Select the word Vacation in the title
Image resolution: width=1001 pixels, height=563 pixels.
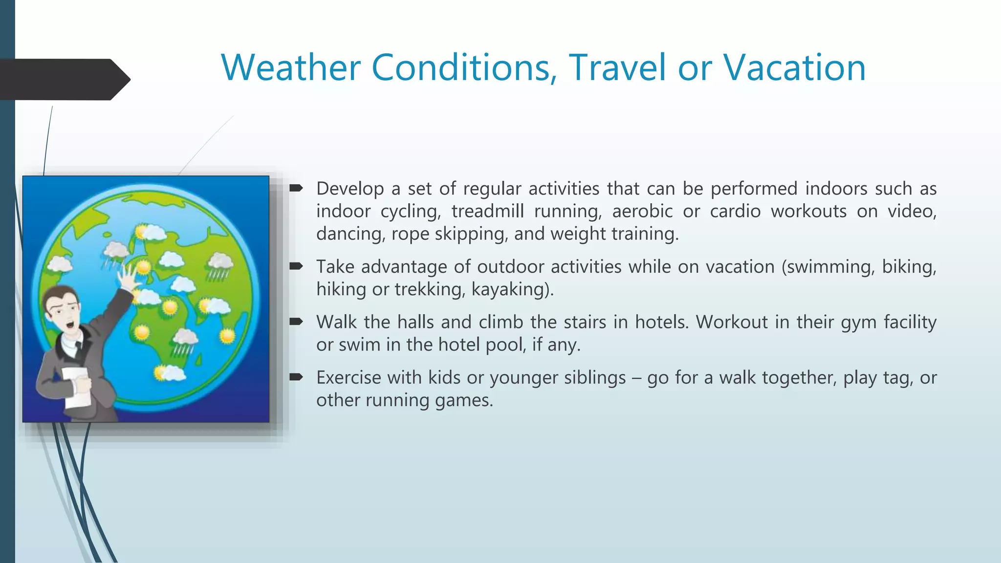coord(794,67)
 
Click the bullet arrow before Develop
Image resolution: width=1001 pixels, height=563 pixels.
coord(296,188)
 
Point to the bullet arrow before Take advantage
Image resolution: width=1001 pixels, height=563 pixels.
coord(296,266)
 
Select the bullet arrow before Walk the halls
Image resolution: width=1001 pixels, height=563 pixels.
coord(296,322)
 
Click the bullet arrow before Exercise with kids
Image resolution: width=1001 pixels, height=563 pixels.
coord(296,377)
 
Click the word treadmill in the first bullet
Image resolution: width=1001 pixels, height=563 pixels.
coord(487,211)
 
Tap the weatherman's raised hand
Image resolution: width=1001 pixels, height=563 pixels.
coord(128,277)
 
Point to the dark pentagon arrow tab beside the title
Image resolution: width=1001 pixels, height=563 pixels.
coord(64,79)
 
